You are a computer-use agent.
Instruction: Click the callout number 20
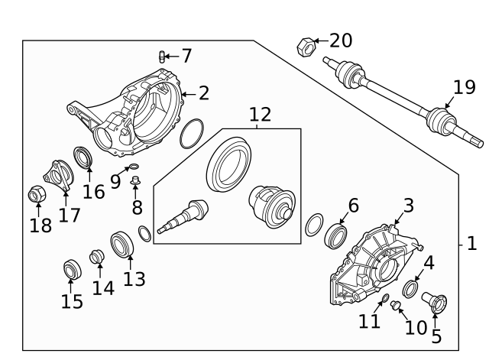point(341,41)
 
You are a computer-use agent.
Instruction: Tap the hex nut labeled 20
point(304,47)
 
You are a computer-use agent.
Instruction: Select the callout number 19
point(464,87)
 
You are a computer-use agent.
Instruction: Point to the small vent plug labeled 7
point(162,56)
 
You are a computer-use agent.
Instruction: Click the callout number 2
point(203,93)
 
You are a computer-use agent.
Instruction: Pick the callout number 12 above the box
point(260,115)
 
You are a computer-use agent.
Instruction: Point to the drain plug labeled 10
point(397,306)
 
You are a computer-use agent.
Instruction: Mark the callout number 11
point(370,321)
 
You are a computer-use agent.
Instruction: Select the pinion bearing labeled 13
point(122,245)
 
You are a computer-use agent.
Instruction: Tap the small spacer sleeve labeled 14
point(98,257)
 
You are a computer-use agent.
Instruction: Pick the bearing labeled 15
point(71,270)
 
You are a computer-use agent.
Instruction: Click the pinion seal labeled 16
point(83,158)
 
